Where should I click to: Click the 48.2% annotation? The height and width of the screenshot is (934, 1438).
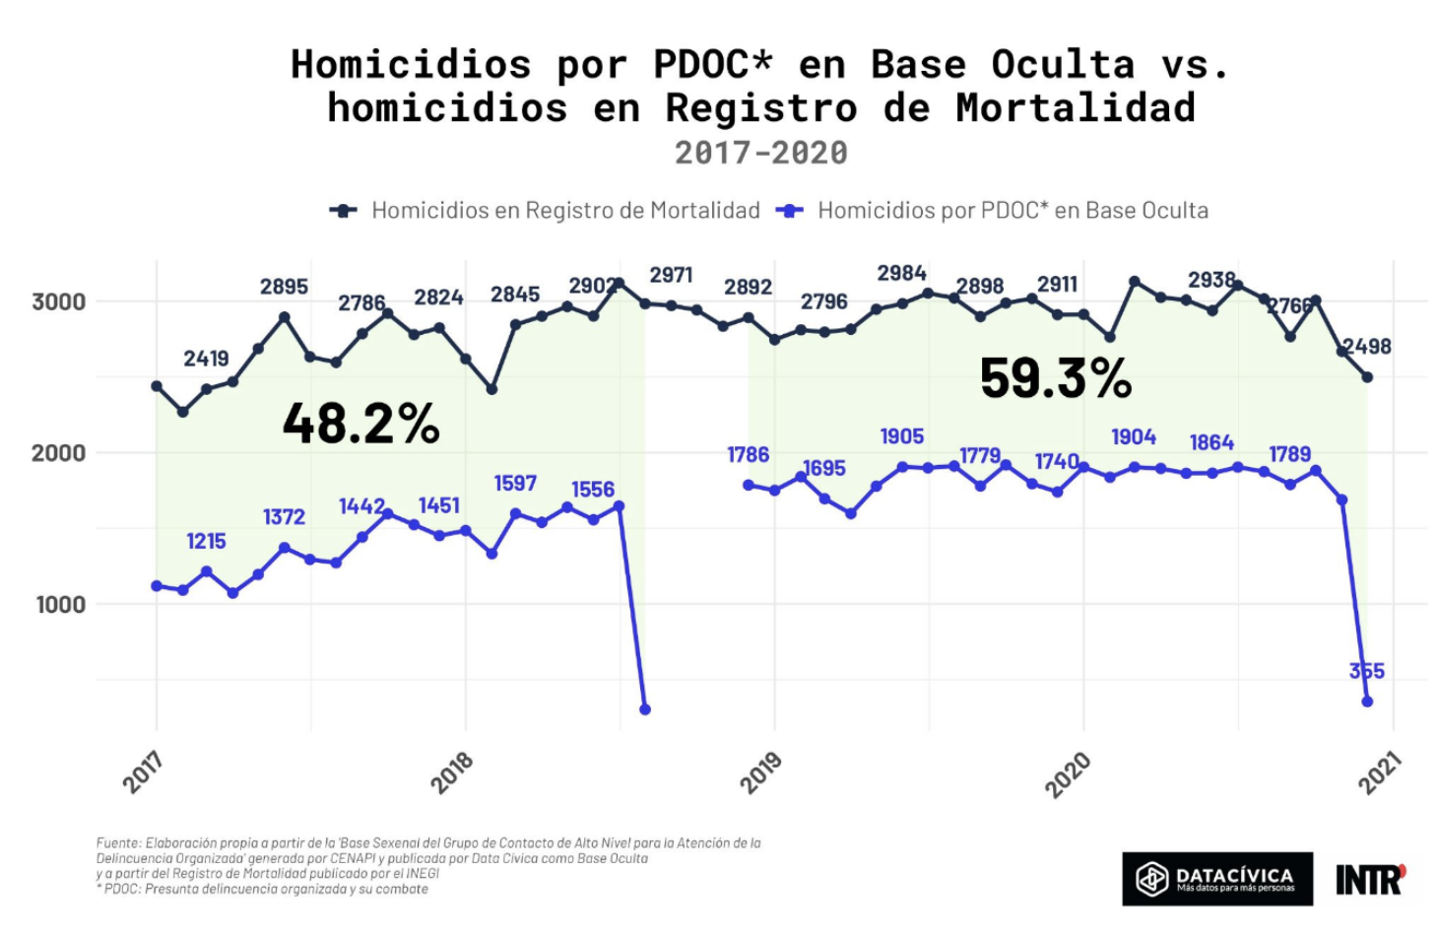point(360,424)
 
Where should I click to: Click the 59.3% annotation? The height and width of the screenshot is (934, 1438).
point(1056,378)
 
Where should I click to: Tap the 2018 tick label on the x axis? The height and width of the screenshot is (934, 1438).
point(452,772)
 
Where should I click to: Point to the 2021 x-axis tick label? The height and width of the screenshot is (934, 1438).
point(1380,772)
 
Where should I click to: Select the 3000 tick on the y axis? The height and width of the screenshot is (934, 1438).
point(59,301)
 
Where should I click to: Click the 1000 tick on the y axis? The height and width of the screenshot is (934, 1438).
point(61,604)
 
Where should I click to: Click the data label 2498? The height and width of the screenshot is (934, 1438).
point(1367,347)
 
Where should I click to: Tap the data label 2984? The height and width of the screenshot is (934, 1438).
point(901,273)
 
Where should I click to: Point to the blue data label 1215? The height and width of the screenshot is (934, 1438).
point(206,541)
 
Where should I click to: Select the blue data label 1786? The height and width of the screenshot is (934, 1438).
point(748,454)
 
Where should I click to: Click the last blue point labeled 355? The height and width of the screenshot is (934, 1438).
point(1367,701)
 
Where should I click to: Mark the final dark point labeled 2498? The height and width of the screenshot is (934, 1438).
point(1367,377)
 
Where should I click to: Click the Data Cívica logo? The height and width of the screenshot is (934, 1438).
point(1216,878)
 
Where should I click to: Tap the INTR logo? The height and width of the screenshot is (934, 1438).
point(1370,879)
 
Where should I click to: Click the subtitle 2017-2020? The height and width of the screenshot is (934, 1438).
point(760,153)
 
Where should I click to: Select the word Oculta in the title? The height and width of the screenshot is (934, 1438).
point(1063,65)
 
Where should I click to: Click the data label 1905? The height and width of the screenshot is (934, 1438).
point(901,436)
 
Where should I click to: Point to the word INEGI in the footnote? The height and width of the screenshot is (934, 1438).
point(423,873)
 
